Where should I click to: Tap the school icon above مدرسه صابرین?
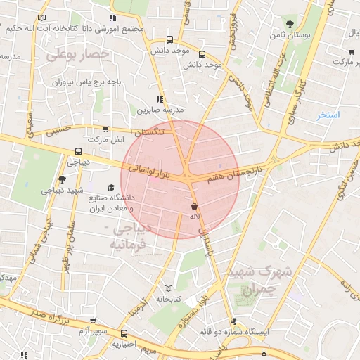[x=160, y=100]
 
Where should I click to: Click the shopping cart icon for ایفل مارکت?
[x=105, y=129]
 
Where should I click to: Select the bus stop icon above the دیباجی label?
[x=77, y=150]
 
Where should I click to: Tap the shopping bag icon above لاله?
[x=193, y=206]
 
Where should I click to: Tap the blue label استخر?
[x=328, y=115]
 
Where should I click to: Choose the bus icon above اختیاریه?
[x=124, y=333]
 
